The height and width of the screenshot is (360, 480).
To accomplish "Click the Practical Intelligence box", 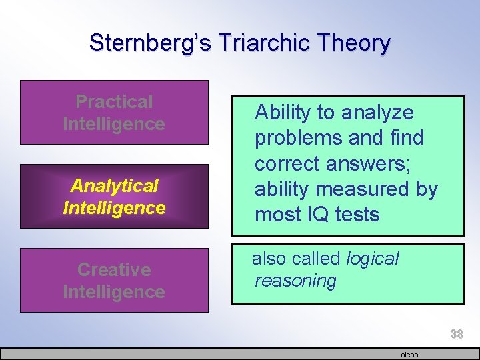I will [114, 113].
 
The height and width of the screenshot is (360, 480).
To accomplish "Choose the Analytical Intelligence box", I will [114, 197].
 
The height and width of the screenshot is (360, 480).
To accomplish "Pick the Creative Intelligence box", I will [114, 281].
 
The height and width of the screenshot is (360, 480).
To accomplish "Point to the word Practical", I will [114, 102].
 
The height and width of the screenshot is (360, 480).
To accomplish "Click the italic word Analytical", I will [114, 185].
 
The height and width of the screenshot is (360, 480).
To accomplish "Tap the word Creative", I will [114, 270].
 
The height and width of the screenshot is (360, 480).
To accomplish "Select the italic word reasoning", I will [295, 281].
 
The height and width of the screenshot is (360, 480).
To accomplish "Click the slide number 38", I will [456, 334].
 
